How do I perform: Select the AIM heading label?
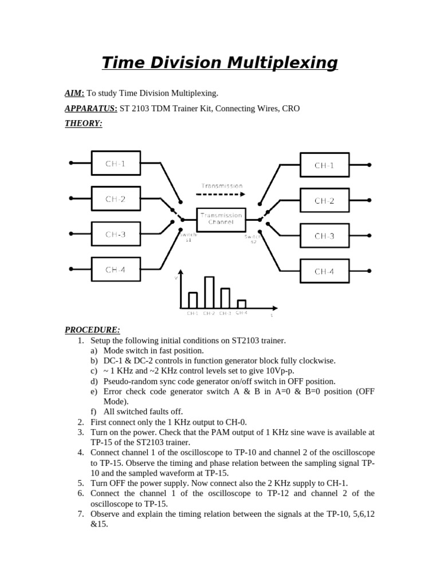pos(74,93)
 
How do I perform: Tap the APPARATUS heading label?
pos(91,108)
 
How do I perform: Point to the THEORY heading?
pos(83,123)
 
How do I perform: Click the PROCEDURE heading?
pos(92,330)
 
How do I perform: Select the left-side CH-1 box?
pos(115,164)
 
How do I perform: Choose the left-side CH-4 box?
pos(115,270)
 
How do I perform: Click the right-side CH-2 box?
pos(324,201)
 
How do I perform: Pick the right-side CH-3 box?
pos(324,236)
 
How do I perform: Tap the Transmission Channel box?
pos(221,219)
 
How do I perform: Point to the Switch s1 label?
pos(188,237)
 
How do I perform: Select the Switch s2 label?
pos(253,238)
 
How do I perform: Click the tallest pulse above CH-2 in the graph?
pos(209,292)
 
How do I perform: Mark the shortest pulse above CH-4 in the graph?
pos(242,304)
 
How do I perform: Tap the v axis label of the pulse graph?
pos(176,278)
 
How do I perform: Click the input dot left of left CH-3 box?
pos(71,233)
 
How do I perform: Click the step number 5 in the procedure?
pos(81,483)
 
